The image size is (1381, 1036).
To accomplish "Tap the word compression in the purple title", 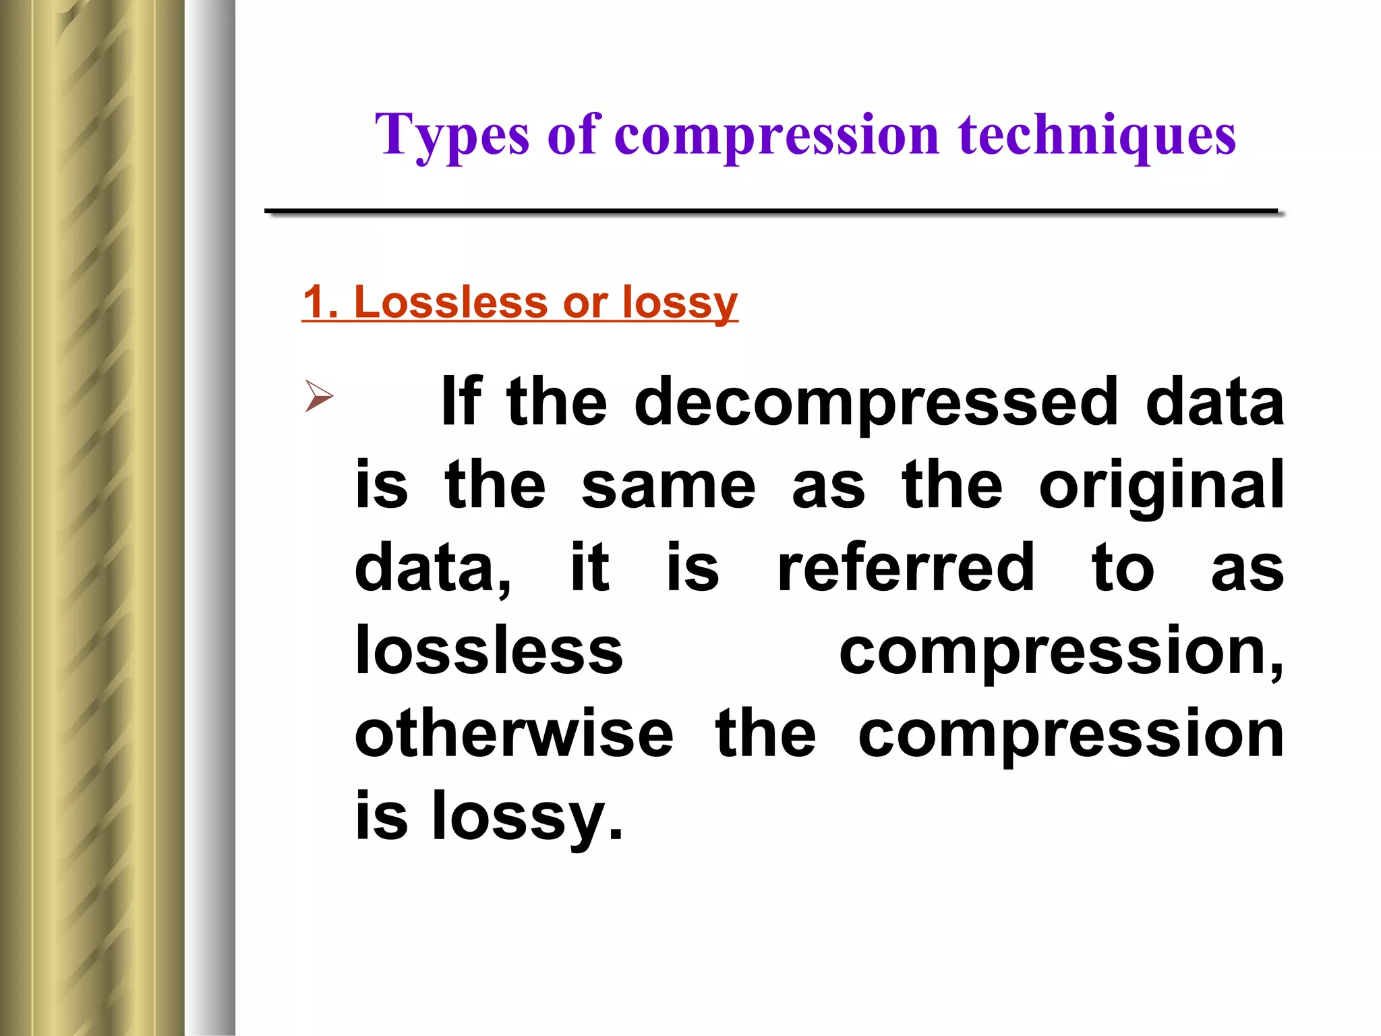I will point(777,135).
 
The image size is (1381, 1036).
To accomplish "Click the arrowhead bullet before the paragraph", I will point(319,395).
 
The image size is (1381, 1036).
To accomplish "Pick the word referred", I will point(906,568).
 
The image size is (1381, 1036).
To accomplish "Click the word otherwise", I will point(514,734).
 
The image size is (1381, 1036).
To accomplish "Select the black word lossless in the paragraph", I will point(489,651).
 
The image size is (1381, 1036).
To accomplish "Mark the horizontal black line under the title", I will point(771,212).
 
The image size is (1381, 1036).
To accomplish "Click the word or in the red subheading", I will point(585,303).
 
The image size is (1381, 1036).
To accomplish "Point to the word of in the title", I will point(573,135).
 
